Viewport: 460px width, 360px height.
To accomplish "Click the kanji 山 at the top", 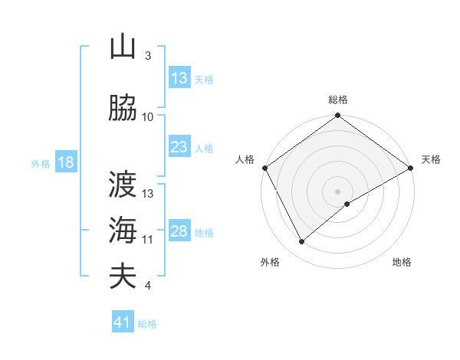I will [x=123, y=47].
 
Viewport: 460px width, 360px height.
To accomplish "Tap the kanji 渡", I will [x=123, y=184].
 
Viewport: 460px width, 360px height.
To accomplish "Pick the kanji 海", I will [x=123, y=230].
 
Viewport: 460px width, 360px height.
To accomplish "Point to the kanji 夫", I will [x=123, y=276].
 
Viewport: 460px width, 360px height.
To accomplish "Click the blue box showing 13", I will [x=179, y=78].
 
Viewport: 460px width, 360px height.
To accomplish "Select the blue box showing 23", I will [x=179, y=147].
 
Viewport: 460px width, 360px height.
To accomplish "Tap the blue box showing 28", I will [x=179, y=231].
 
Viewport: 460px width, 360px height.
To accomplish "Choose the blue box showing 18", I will [x=65, y=162].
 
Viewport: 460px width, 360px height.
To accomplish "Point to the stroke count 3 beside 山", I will [x=148, y=56].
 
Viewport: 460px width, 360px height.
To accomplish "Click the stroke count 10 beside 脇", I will [x=148, y=117].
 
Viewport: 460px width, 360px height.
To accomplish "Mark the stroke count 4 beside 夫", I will [x=148, y=286].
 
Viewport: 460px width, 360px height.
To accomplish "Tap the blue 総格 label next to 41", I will [x=147, y=324].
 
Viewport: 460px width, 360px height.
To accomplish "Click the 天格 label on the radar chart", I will [x=431, y=159].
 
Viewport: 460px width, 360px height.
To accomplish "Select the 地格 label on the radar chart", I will [x=402, y=262].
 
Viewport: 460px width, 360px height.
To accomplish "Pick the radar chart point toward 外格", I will [x=302, y=242].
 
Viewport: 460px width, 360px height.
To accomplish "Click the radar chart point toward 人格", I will [x=265, y=168].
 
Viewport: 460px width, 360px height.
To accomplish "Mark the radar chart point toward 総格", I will [x=337, y=116].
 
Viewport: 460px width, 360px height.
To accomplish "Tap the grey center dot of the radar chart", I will [x=337, y=191].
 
